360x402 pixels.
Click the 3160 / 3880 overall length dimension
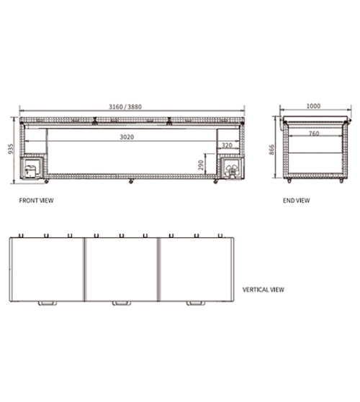(125, 106)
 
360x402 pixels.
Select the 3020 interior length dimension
(127, 137)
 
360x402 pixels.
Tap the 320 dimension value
(227, 145)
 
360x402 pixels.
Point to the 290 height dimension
(201, 165)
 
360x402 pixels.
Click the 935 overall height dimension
(11, 149)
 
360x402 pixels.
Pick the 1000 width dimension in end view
(313, 106)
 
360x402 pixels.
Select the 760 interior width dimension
(314, 133)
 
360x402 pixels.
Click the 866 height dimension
(271, 150)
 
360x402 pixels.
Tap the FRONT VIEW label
(37, 201)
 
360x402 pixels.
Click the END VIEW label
(297, 201)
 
